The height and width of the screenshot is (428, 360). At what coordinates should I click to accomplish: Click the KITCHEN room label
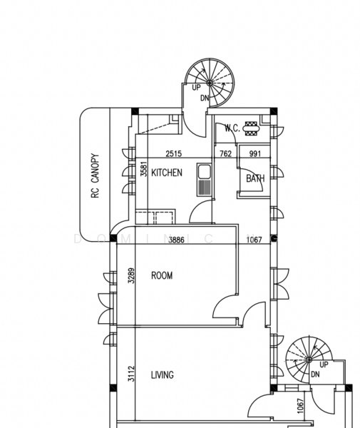point(167,173)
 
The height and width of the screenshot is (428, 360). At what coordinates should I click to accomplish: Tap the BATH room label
point(255,178)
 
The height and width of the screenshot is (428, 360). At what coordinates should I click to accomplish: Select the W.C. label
point(232,128)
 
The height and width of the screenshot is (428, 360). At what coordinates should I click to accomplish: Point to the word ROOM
point(162,275)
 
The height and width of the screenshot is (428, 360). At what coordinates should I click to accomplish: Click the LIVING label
point(163,374)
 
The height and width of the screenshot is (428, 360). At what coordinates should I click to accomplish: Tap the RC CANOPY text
point(95,175)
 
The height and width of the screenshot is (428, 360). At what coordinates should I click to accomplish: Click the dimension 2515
point(174,153)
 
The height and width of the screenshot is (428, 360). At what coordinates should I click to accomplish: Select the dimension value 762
point(226,153)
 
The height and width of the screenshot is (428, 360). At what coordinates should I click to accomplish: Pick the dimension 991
point(255,153)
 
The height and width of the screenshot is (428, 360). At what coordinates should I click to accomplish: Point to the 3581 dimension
point(143,169)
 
